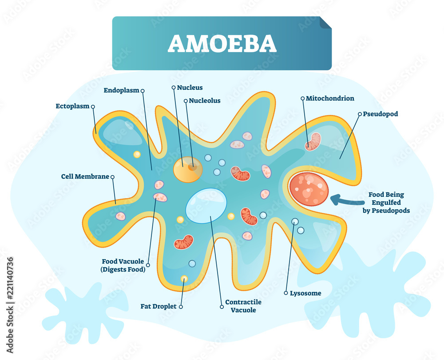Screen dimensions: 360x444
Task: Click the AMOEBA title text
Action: (222, 43)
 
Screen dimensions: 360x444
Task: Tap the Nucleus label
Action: (190, 88)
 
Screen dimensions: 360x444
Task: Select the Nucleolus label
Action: (205, 100)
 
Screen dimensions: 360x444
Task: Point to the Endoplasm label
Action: (121, 90)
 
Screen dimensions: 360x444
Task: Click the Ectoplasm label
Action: (72, 106)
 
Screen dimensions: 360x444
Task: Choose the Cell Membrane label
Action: (85, 176)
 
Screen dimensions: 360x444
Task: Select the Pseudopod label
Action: (381, 114)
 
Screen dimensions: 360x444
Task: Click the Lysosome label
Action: (305, 293)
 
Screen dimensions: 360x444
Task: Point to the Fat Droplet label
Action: (159, 306)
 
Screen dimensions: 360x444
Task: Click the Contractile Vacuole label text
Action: (243, 306)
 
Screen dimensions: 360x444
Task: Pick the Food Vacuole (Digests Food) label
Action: (123, 265)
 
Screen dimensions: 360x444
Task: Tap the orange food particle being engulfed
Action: (309, 189)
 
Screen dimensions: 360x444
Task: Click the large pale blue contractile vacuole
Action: (206, 205)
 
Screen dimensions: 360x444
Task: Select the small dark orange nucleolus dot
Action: (192, 168)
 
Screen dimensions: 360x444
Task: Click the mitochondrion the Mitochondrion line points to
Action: (313, 141)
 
